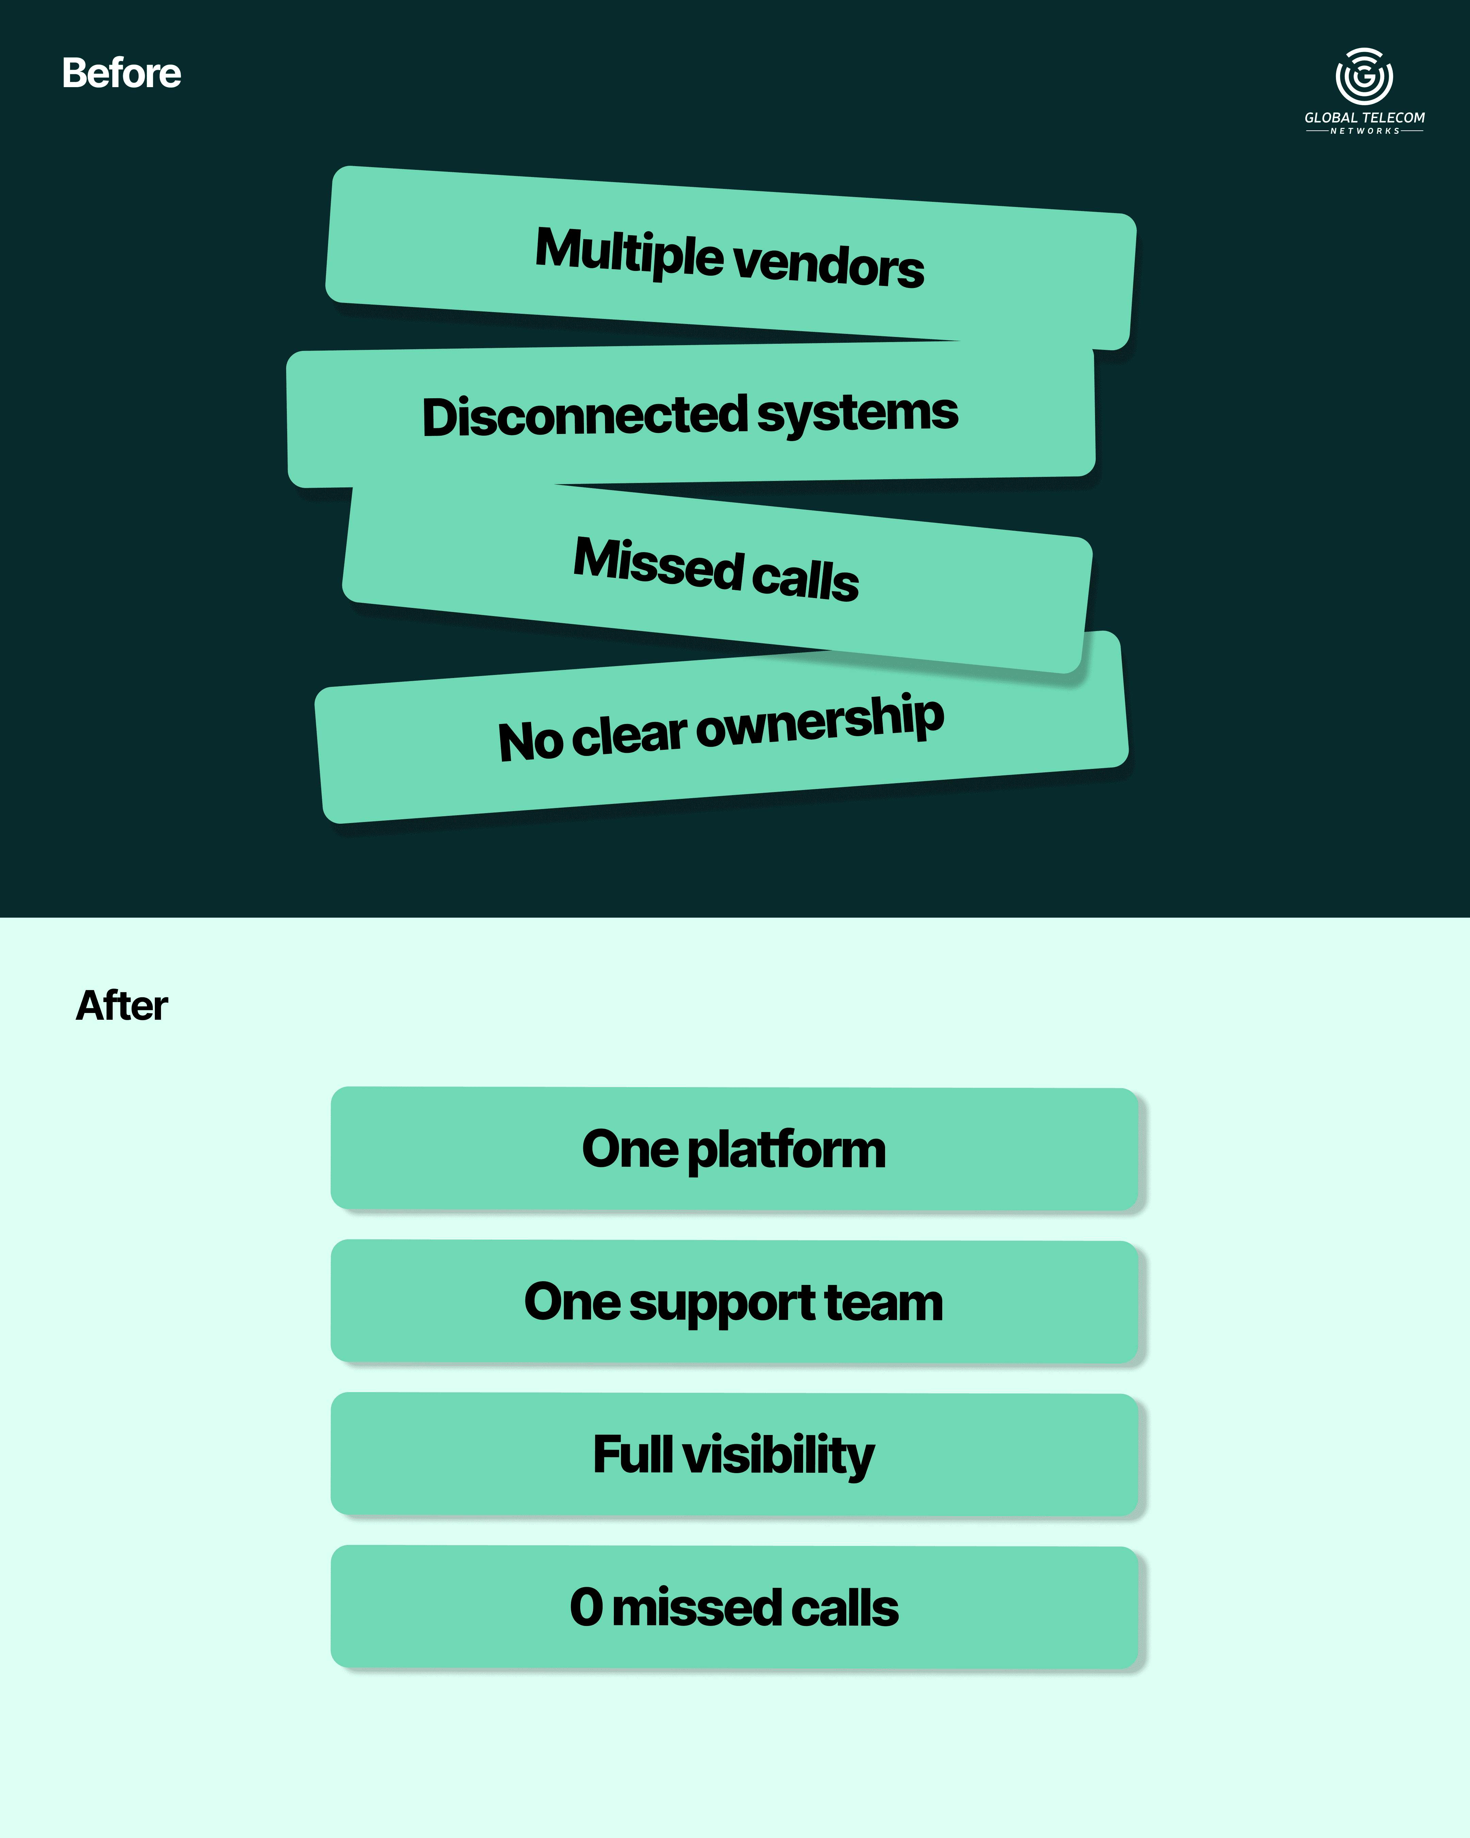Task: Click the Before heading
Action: pos(121,73)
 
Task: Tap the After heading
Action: pos(122,1006)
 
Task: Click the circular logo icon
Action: pos(1364,77)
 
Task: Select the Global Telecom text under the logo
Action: pos(1364,118)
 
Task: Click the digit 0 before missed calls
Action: pos(586,1608)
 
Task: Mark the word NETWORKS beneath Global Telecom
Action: pos(1364,131)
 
